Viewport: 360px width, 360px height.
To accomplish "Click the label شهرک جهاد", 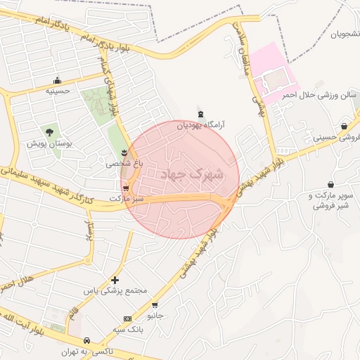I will (193, 173).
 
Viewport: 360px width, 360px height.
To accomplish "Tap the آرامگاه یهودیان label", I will (200, 125).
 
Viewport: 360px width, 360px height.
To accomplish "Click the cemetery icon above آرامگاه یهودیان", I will (201, 114).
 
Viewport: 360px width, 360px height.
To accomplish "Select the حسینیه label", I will (57, 91).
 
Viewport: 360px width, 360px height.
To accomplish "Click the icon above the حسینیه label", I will (57, 80).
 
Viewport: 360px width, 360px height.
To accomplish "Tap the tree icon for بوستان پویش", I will (49, 131).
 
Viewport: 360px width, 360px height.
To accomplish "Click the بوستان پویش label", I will (48, 143).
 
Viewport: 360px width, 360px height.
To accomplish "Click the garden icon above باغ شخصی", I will (124, 153).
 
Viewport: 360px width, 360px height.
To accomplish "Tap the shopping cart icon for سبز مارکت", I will (126, 188).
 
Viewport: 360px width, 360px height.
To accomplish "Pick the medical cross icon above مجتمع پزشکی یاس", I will (115, 280).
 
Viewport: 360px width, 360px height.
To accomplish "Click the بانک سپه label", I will (128, 329).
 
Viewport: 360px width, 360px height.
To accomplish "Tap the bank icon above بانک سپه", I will (127, 319).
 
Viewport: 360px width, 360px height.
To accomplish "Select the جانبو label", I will (155, 316).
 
